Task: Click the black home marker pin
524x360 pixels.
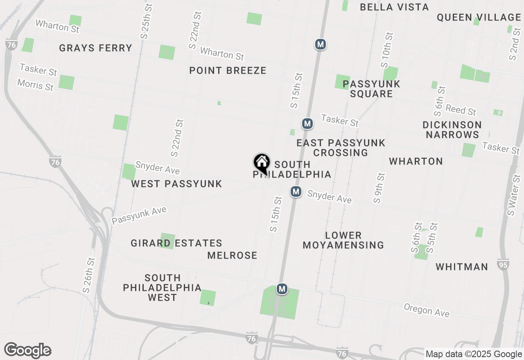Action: click(x=262, y=163)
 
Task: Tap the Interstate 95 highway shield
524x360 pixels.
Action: click(x=503, y=265)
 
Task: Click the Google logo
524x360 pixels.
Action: click(x=28, y=351)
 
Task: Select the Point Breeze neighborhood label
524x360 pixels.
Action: click(x=228, y=70)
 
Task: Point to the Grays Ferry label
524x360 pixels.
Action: click(x=95, y=48)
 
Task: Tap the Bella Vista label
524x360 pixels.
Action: click(x=394, y=7)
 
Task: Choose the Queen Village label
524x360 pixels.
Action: click(x=479, y=17)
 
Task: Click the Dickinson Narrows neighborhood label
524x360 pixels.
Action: click(x=452, y=130)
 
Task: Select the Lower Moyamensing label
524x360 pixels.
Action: click(x=343, y=240)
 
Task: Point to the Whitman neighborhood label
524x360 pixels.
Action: click(x=462, y=267)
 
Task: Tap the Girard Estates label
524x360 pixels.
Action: click(x=176, y=243)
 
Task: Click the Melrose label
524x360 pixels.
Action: click(x=232, y=255)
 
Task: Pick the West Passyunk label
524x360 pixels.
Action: click(x=176, y=184)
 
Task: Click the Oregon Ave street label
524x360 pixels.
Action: click(x=427, y=310)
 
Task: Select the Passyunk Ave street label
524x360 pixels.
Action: click(x=139, y=215)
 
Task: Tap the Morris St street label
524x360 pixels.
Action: click(x=35, y=85)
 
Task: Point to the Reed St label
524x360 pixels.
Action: click(x=461, y=110)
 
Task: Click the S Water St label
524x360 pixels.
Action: click(x=514, y=195)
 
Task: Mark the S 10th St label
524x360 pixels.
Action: click(x=387, y=49)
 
